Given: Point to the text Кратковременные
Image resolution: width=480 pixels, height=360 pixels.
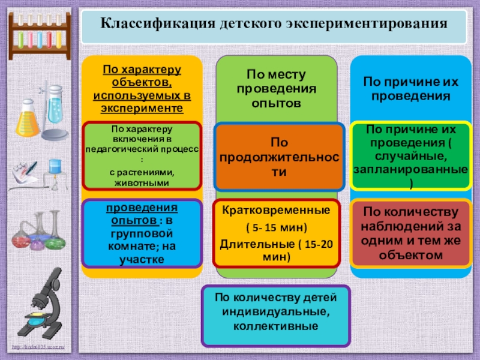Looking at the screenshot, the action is tap(276, 211).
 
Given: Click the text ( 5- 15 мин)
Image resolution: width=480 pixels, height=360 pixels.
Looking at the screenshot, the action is tap(276, 228).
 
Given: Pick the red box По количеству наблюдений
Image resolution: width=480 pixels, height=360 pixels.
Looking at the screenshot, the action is tap(411, 233).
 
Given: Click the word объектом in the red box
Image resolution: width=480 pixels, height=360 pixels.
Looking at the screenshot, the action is tap(411, 256).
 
